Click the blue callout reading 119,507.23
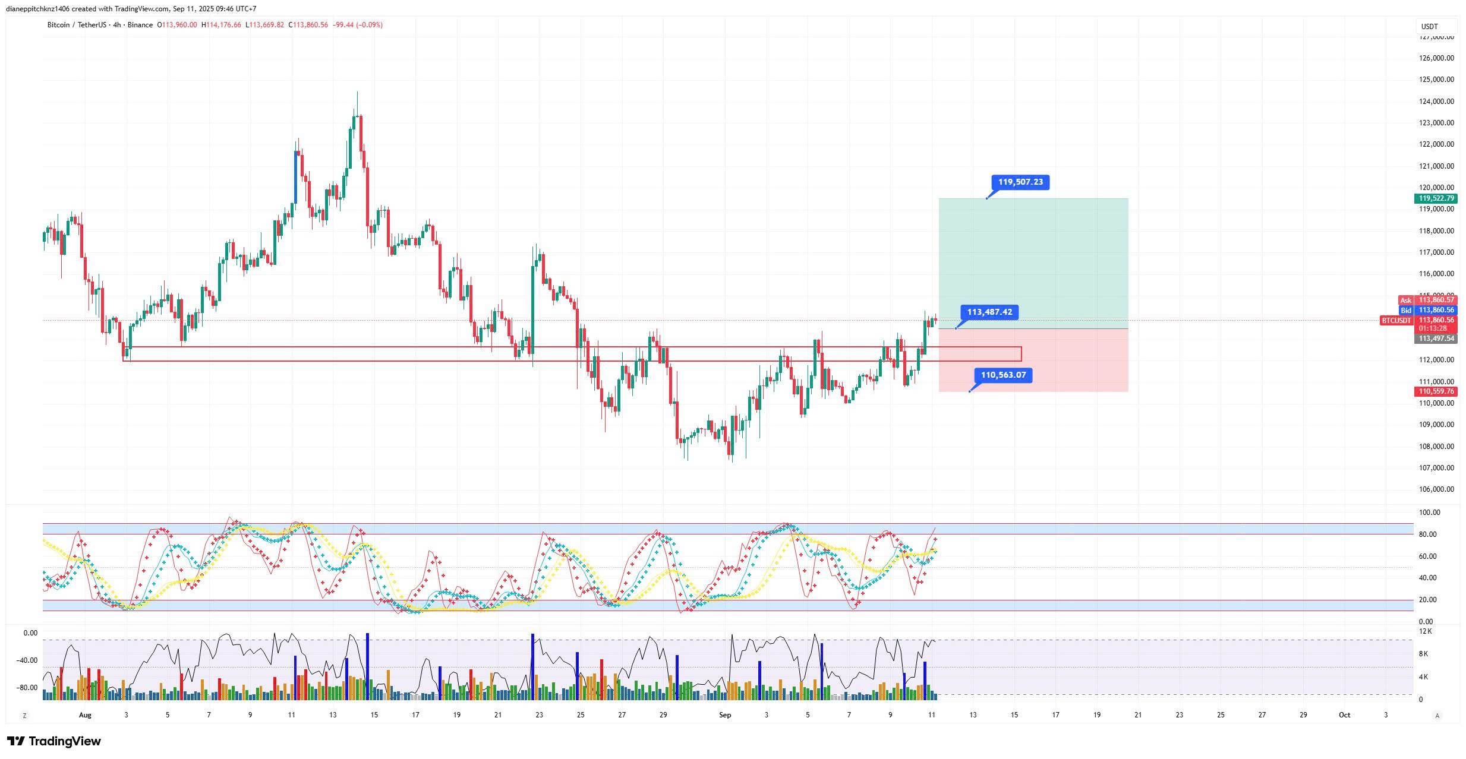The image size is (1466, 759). [x=1020, y=182]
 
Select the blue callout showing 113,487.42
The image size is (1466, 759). [x=989, y=312]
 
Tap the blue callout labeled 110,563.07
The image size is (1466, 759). [x=1003, y=375]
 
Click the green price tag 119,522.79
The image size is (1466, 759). [x=1436, y=198]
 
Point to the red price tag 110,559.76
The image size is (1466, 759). [x=1436, y=391]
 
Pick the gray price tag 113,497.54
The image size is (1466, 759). [x=1436, y=339]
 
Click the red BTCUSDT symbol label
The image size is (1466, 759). [x=1396, y=321]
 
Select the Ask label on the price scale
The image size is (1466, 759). [x=1405, y=301]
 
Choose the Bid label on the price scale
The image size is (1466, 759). [x=1405, y=310]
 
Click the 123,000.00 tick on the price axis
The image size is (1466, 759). [x=1436, y=123]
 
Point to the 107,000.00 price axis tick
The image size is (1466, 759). [x=1436, y=468]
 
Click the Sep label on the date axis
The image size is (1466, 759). [x=724, y=715]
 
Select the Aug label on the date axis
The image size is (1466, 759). [x=85, y=715]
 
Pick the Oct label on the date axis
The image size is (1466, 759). [x=1344, y=715]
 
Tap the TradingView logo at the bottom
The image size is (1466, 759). [x=54, y=741]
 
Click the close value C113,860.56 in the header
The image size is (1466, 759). [x=308, y=25]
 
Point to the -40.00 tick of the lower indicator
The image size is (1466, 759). [x=27, y=660]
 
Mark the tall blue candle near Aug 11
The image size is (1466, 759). [x=296, y=177]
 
